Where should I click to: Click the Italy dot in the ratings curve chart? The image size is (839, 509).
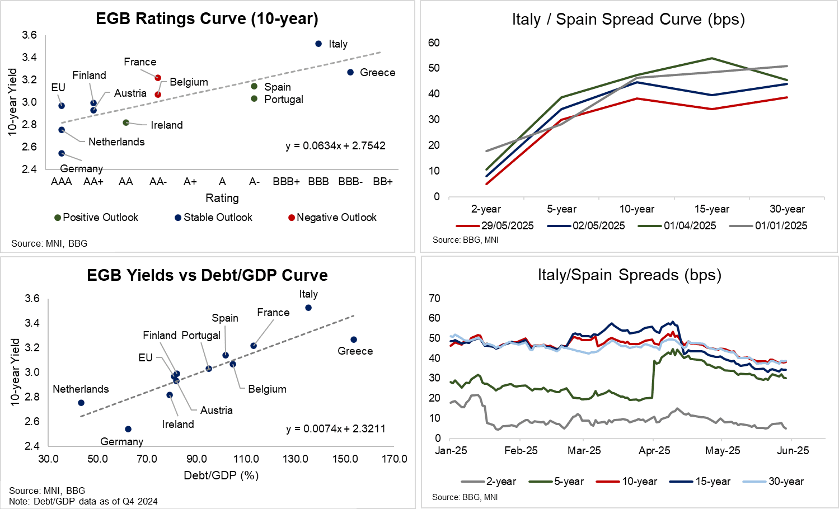(318, 44)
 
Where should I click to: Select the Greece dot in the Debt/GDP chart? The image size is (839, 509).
(354, 340)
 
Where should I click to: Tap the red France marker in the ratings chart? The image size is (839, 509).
(158, 78)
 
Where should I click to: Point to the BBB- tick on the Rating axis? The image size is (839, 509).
(350, 182)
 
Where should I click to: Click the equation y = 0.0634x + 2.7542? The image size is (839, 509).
(335, 146)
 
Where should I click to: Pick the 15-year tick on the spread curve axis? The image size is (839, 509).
(711, 209)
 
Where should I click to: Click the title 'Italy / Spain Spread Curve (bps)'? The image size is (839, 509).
(628, 20)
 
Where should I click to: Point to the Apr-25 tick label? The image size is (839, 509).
(654, 451)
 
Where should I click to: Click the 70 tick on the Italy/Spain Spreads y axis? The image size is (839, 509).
(434, 298)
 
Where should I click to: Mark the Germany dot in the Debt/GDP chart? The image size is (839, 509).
(128, 429)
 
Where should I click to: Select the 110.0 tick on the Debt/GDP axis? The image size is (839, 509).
(246, 459)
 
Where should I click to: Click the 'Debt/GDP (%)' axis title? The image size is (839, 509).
(221, 475)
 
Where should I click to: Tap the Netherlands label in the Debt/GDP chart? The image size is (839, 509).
(81, 389)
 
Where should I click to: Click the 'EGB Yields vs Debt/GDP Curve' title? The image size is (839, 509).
(207, 275)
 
